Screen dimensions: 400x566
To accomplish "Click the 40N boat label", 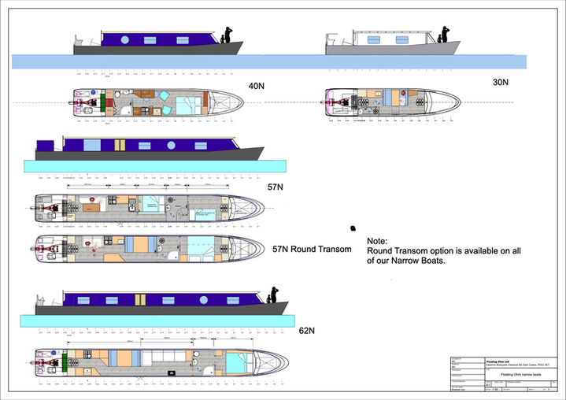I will (x=256, y=85).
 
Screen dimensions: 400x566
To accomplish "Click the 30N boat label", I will (x=501, y=82).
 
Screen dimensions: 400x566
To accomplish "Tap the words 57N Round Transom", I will (x=315, y=249).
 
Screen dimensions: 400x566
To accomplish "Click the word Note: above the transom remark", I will (x=377, y=241).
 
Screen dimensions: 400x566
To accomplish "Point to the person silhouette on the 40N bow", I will (x=227, y=35).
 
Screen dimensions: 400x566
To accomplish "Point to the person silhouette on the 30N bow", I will (x=444, y=34).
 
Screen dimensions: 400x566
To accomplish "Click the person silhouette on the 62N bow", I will (x=275, y=294).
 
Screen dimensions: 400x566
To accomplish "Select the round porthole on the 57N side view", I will (x=170, y=146).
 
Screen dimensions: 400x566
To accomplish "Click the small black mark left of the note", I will (x=351, y=228).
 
